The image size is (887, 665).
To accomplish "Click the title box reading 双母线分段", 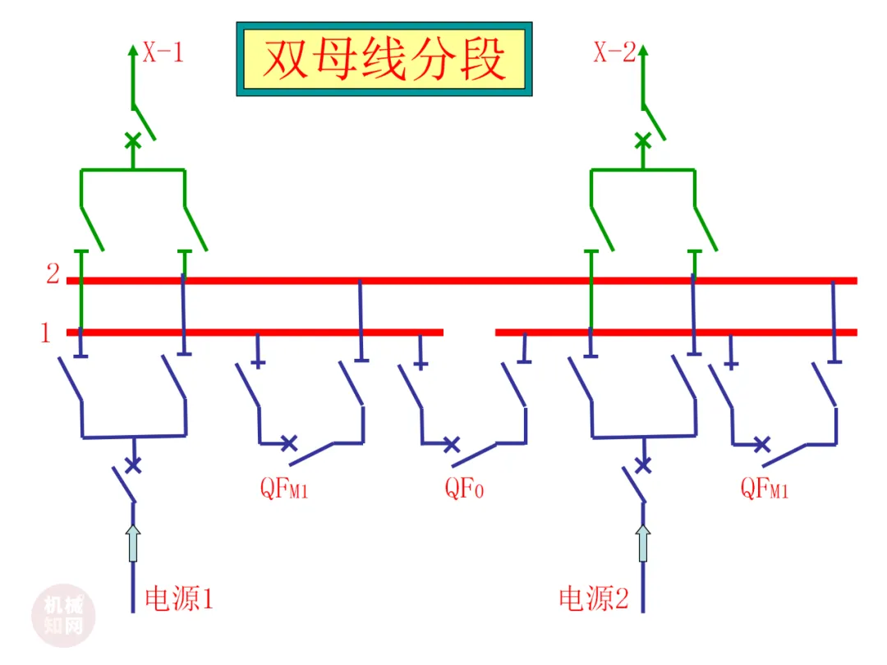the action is click(384, 59).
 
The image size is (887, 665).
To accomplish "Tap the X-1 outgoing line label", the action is click(163, 53).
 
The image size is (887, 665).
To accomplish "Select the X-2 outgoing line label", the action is click(615, 53).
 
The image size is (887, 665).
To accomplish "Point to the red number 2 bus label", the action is click(53, 273).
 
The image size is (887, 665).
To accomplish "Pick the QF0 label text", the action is click(464, 488).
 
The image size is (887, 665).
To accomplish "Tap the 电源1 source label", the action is click(179, 598).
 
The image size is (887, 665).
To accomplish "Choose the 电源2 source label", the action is click(594, 598).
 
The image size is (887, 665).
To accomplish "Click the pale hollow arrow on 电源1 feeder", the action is click(133, 543).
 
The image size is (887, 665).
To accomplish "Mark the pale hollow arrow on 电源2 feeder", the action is click(642, 543).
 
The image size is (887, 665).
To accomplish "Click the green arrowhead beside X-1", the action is click(133, 51).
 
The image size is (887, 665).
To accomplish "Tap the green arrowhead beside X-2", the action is click(642, 51).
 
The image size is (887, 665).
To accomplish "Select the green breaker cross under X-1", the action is click(133, 140).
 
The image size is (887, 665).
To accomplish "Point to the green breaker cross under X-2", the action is click(642, 140).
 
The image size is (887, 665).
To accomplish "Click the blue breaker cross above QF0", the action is click(451, 444).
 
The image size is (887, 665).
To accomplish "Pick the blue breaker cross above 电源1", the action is click(133, 465).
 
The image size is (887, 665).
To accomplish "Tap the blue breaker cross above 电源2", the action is click(643, 465).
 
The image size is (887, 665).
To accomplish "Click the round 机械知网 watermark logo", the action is click(63, 616).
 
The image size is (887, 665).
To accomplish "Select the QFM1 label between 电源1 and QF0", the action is click(284, 488).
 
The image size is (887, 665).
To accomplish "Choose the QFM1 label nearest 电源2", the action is click(765, 488).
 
